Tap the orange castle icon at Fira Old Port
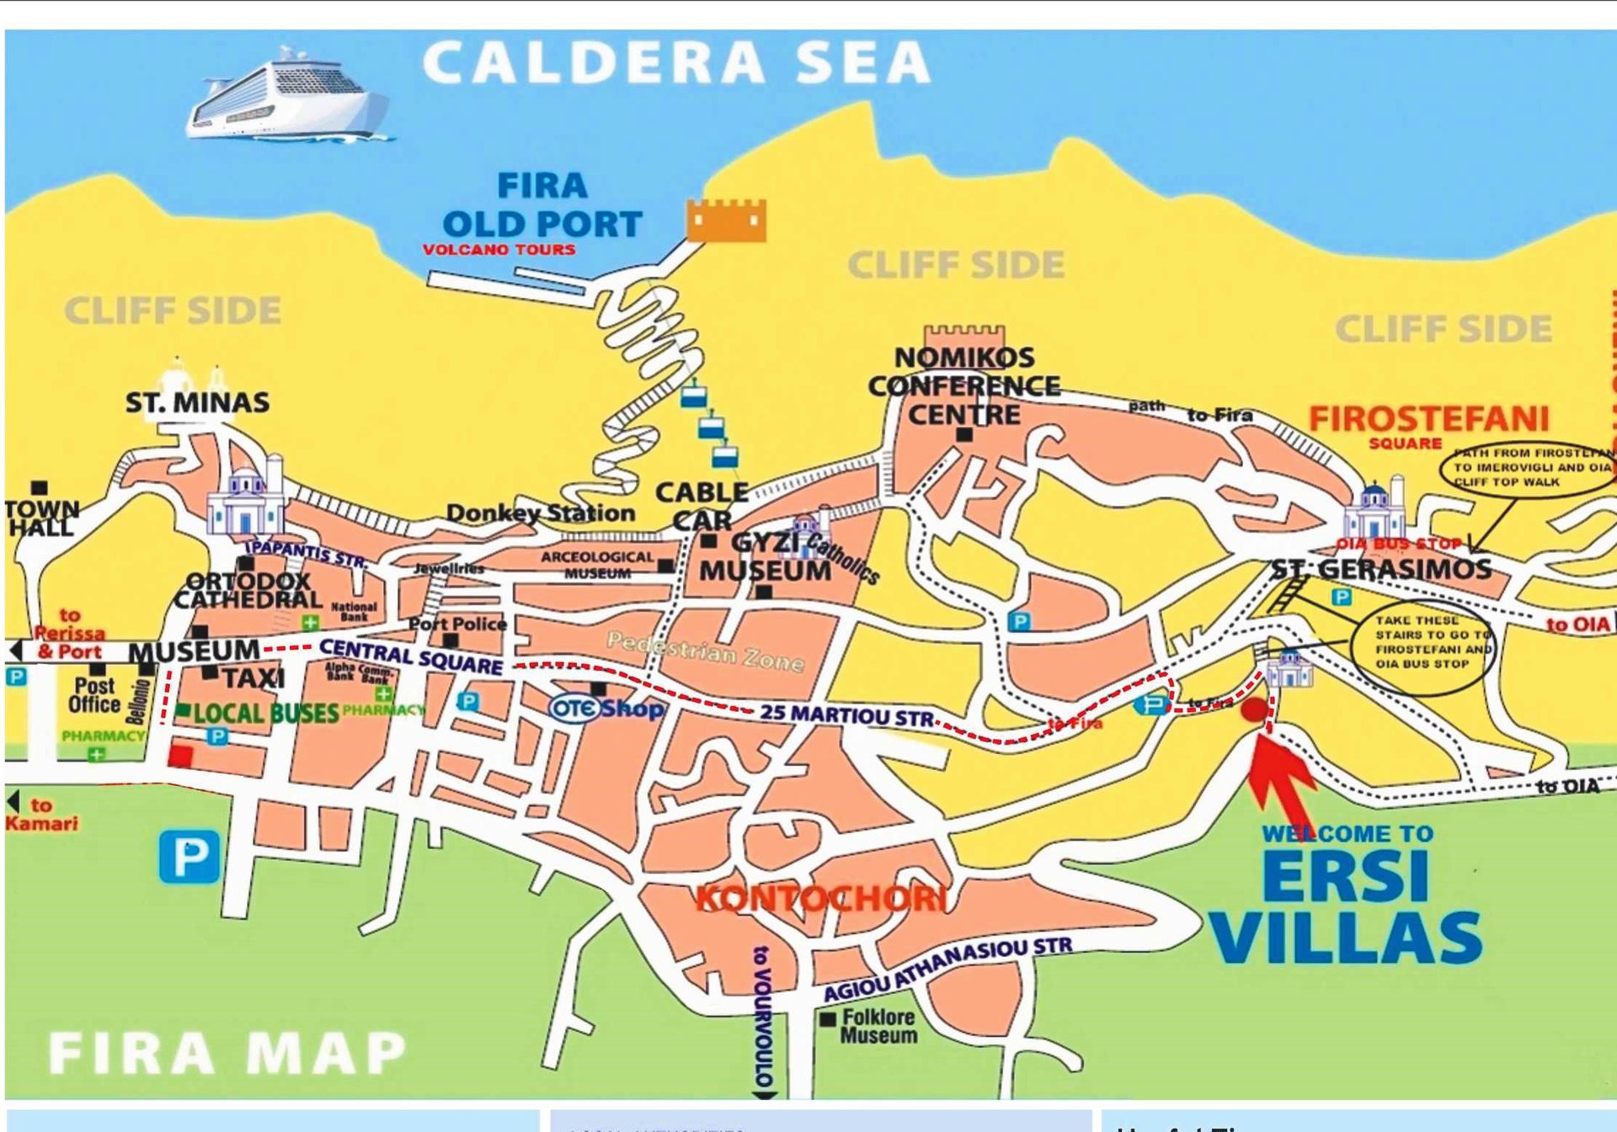726,221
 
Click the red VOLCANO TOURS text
499,250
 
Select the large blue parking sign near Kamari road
189,857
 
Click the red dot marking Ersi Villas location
1254,709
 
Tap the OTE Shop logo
605,708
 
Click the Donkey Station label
540,513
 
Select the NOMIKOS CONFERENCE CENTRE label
963,385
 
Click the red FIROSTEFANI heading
1428,418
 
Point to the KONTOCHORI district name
821,899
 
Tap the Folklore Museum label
878,1026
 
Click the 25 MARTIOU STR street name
846,715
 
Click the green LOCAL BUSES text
265,714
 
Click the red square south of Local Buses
179,755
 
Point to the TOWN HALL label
41,518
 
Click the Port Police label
457,624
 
